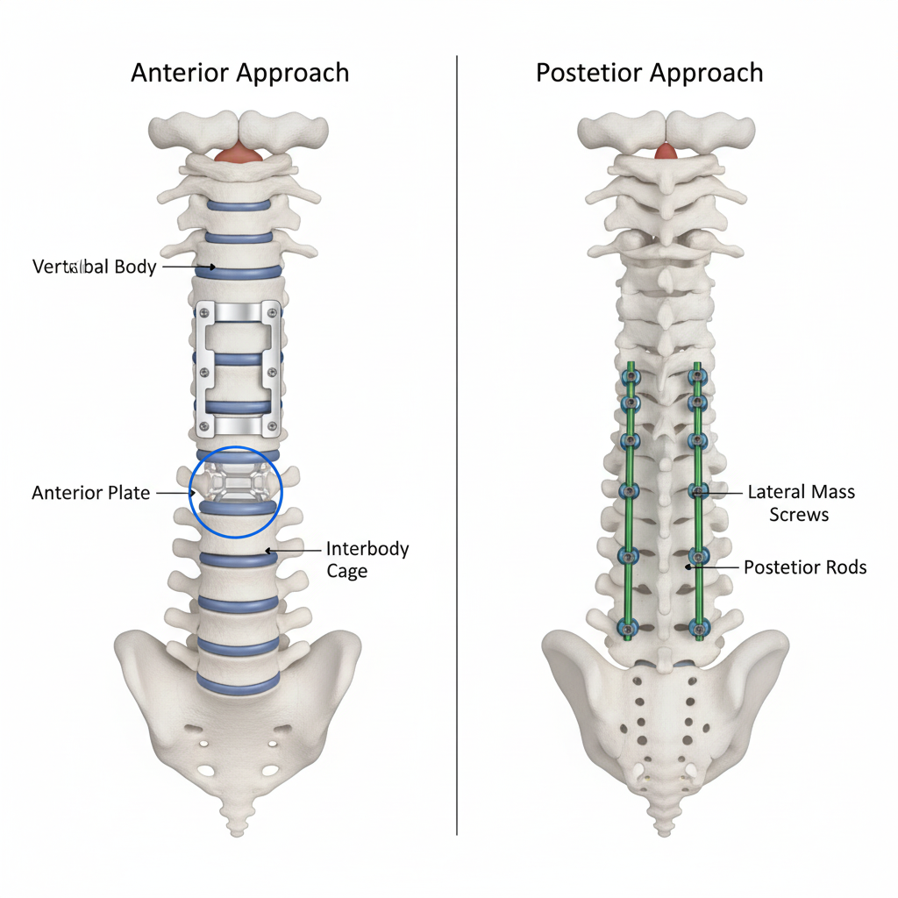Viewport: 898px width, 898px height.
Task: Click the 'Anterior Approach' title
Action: pyautogui.click(x=239, y=72)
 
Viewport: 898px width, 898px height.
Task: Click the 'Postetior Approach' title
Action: pyautogui.click(x=649, y=72)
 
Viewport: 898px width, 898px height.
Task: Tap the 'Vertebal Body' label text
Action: pyautogui.click(x=94, y=267)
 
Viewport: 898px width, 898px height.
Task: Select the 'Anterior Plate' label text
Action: pyautogui.click(x=91, y=493)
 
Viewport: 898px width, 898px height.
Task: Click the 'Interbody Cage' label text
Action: pyautogui.click(x=367, y=559)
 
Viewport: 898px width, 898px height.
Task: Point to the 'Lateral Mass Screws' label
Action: pyautogui.click(x=800, y=502)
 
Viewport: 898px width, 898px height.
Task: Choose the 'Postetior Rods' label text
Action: pyautogui.click(x=804, y=567)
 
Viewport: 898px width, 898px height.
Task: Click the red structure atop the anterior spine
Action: pyautogui.click(x=237, y=154)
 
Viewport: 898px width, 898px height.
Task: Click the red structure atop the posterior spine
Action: pyautogui.click(x=666, y=151)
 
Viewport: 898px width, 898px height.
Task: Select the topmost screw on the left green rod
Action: pyautogui.click(x=629, y=377)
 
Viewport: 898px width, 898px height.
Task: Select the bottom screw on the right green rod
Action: pyautogui.click(x=698, y=626)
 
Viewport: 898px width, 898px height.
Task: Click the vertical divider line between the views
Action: pyautogui.click(x=457, y=438)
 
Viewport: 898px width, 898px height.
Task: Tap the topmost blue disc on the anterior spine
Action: pyautogui.click(x=238, y=206)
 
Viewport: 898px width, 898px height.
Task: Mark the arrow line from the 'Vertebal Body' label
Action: pyautogui.click(x=187, y=267)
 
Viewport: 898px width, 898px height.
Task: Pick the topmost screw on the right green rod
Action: pyautogui.click(x=698, y=377)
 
